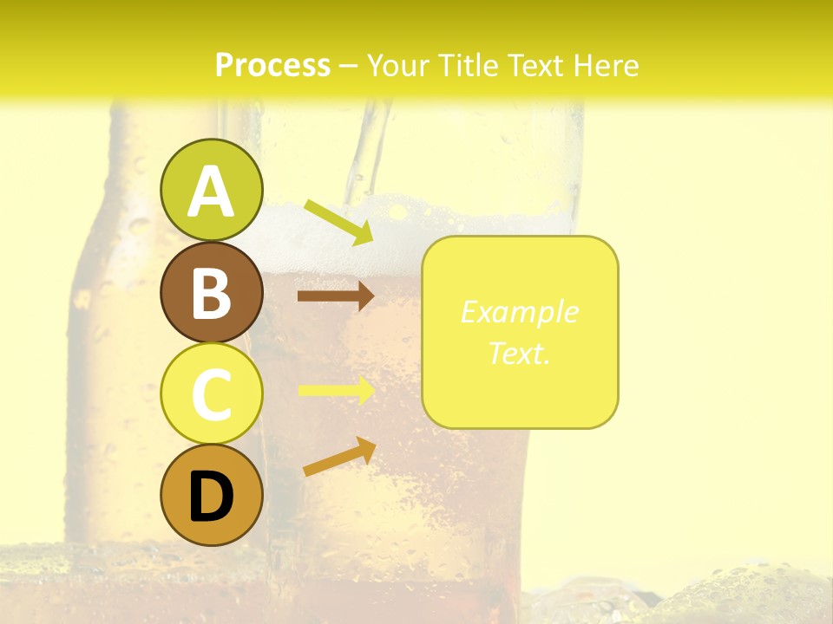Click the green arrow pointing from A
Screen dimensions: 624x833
click(338, 222)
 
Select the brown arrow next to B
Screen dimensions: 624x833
click(335, 296)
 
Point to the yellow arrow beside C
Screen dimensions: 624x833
click(336, 390)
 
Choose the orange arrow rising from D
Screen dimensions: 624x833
click(339, 457)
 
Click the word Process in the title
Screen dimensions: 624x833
click(272, 65)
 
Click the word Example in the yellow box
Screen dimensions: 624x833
click(519, 312)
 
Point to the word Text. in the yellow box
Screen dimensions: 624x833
click(519, 353)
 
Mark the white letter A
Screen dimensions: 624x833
click(212, 192)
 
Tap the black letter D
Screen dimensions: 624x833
click(212, 497)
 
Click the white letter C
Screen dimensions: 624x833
click(212, 394)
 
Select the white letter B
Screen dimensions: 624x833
click(212, 293)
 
